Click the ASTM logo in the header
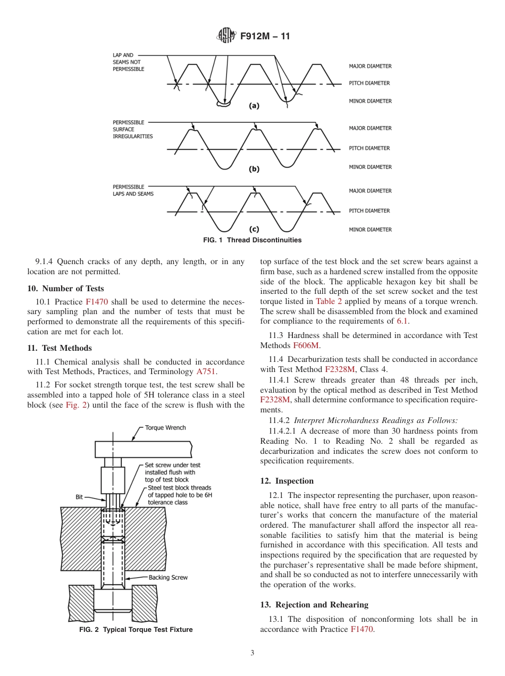227,37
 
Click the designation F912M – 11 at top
265,37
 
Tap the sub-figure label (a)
254,105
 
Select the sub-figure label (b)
254,169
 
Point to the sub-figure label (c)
254,230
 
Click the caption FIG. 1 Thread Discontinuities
252,240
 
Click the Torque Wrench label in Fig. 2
165,428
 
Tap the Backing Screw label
168,578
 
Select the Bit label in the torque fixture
79,497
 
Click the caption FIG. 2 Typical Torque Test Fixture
136,630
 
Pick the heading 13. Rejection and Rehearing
314,605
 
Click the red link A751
206,372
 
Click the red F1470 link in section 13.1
361,629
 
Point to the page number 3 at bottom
252,653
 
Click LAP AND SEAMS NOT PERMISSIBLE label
128,62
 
